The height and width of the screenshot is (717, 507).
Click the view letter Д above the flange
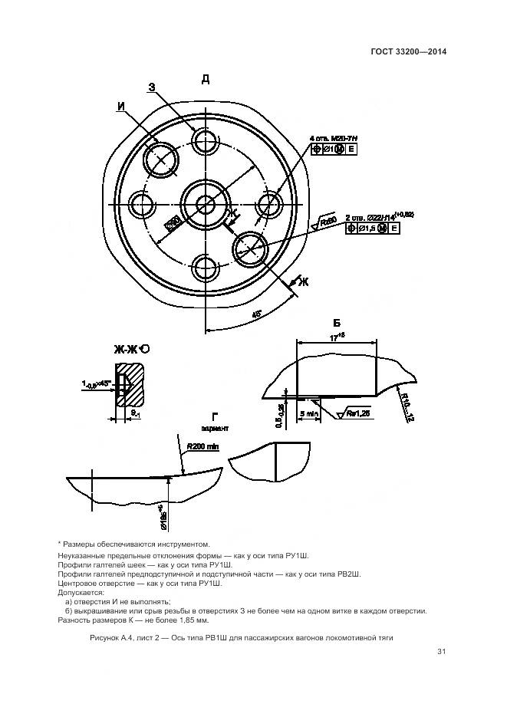pos(206,79)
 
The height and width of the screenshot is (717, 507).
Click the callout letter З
pos(152,87)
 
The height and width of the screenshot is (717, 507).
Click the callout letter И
pos(121,107)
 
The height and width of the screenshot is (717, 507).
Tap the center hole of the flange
pos(206,204)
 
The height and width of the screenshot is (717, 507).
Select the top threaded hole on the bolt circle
pos(206,140)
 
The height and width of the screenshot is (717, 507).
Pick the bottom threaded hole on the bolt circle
pos(206,268)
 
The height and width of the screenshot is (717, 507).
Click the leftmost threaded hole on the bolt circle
pos(143,204)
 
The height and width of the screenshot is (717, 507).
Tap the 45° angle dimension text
pos(255,314)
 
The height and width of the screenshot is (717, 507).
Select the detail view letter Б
pos(336,322)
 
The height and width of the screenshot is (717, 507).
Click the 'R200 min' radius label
pos(204,445)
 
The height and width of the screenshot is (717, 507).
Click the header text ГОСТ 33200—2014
pos(406,52)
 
